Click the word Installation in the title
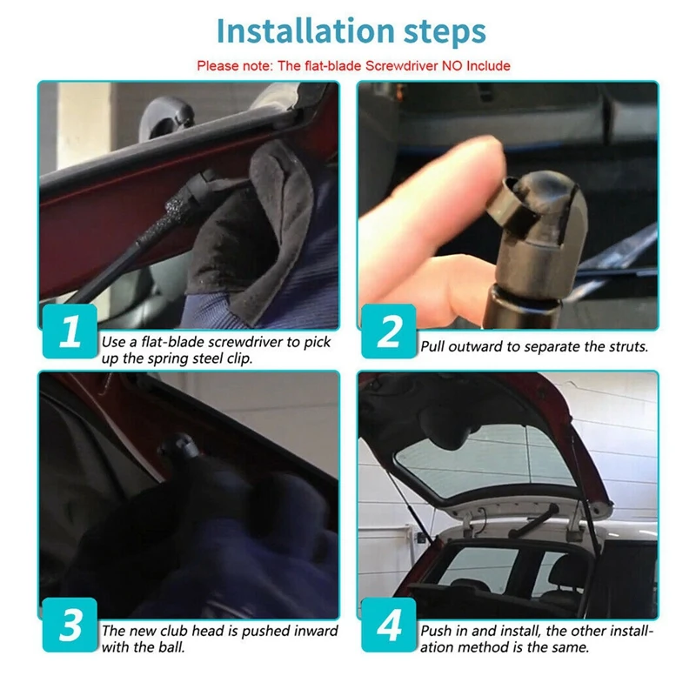click(305, 31)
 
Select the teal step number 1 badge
click(70, 331)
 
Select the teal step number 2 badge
click(389, 331)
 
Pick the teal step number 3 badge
click(70, 625)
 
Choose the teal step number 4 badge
click(389, 625)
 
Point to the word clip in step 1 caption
click(239, 358)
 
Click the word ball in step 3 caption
click(171, 647)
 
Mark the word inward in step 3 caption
click(316, 631)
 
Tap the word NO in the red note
click(452, 66)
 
